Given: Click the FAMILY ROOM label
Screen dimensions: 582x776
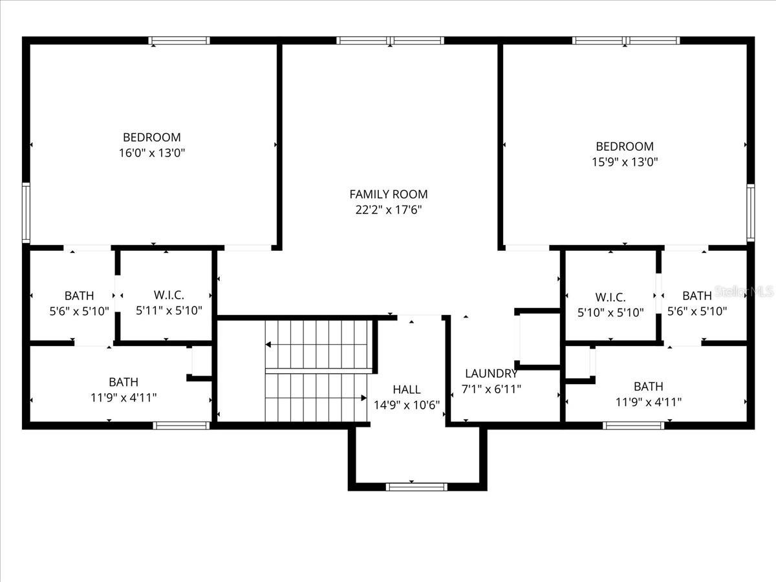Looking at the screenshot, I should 388,194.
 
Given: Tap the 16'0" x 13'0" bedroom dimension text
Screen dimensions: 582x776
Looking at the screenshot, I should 152,153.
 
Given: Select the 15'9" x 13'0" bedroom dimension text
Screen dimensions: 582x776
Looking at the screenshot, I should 625,162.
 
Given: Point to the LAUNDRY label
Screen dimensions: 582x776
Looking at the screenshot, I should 491,373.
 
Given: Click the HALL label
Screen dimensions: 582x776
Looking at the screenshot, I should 407,389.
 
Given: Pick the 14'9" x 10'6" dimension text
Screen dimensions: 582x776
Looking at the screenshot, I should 407,405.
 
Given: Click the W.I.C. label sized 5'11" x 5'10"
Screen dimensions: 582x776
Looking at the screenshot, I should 169,295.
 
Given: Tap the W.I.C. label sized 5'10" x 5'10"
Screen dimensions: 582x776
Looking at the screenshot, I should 610,297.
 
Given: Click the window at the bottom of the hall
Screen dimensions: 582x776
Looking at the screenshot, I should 416,486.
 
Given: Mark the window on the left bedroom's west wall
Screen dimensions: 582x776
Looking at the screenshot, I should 26,211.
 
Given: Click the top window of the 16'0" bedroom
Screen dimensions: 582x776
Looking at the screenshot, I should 179,41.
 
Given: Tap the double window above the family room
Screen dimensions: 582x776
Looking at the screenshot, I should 390,41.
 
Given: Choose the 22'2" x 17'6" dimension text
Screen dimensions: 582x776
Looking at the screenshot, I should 388,210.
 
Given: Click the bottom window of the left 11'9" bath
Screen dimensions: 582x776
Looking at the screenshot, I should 181,425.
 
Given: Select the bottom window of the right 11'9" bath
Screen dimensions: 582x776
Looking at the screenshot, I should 633,425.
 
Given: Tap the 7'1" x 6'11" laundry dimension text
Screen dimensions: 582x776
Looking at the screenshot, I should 491,389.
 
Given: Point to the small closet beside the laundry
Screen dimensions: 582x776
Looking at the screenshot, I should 537,339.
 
